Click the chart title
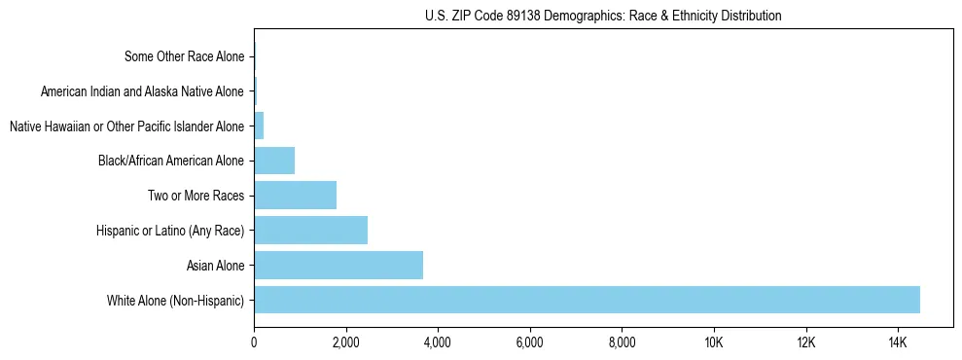point(603,16)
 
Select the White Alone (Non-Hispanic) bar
point(587,300)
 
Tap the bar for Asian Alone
point(338,265)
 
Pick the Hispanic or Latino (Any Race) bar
point(310,230)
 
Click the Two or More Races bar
point(295,195)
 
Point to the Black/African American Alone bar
point(274,161)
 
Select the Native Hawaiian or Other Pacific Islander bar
point(259,126)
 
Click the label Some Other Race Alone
point(185,56)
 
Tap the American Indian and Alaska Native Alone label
point(143,91)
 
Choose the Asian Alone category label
point(216,265)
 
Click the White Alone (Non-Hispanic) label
point(176,300)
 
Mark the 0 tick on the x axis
point(254,342)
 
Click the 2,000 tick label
point(345,342)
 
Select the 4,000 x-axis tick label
point(438,342)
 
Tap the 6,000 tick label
point(529,342)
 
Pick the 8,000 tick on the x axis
point(622,342)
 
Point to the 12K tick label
point(805,342)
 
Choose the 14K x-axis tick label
point(897,342)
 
